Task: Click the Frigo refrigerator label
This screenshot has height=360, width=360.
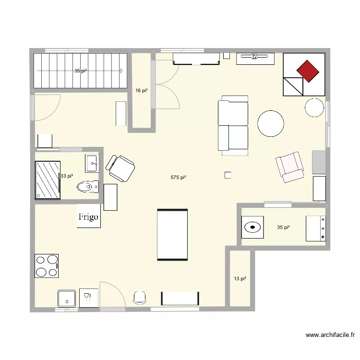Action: tap(88, 216)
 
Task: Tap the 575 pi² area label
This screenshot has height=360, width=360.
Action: tap(178, 178)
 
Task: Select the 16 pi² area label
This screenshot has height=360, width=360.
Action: tap(141, 90)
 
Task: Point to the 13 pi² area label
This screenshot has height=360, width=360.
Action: tap(240, 278)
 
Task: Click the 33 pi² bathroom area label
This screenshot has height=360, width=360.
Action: tap(67, 176)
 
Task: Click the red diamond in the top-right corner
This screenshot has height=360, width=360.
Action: tap(308, 71)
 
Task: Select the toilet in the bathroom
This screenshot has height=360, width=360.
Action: tap(87, 186)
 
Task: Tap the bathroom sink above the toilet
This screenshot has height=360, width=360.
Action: tap(92, 163)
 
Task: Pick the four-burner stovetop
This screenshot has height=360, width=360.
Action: tap(47, 266)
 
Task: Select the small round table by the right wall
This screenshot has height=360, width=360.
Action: tap(314, 108)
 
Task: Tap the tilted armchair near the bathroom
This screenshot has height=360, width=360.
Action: tap(120, 168)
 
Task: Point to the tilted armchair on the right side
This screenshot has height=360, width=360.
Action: tap(290, 167)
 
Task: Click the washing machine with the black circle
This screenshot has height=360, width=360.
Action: tap(252, 227)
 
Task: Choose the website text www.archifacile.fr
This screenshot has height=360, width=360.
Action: tap(330, 336)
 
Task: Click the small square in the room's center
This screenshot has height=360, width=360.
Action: tap(228, 175)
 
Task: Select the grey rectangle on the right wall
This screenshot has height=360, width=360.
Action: tap(319, 162)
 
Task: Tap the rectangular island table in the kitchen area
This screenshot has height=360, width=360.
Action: tap(172, 235)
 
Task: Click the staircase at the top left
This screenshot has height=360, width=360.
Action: tap(80, 71)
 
